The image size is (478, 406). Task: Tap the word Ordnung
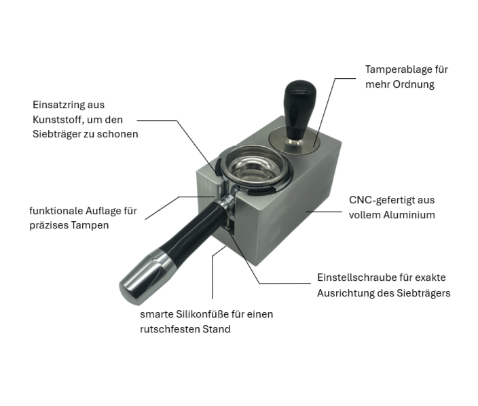click(x=413, y=84)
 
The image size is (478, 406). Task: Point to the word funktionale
click(x=56, y=211)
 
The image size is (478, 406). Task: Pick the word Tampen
click(x=90, y=226)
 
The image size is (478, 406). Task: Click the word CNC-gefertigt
click(x=378, y=200)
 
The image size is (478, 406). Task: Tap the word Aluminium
click(x=409, y=215)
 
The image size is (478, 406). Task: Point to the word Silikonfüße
click(x=202, y=314)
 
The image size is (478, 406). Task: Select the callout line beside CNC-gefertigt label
click(x=325, y=212)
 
